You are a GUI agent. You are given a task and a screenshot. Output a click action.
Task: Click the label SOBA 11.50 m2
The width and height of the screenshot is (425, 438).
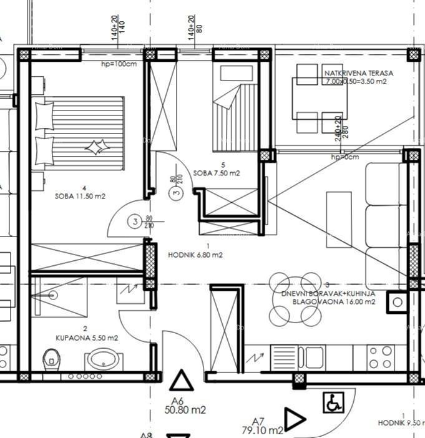[80, 196]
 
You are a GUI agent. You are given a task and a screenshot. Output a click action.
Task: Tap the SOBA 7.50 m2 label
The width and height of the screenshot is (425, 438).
[217, 173]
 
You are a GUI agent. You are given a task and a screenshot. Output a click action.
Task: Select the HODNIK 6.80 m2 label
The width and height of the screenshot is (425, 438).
[195, 255]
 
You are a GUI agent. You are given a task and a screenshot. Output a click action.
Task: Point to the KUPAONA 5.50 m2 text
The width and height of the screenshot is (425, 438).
[87, 338]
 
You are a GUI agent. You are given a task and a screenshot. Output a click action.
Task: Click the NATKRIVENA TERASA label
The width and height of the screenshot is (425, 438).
[359, 73]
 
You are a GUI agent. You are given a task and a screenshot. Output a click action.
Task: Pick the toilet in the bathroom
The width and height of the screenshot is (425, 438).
[51, 359]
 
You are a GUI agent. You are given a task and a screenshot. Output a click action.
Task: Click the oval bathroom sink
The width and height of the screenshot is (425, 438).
[100, 359]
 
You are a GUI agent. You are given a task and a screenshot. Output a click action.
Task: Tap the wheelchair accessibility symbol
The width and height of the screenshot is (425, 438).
[333, 402]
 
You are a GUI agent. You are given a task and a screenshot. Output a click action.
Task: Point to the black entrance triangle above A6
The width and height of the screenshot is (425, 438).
[182, 381]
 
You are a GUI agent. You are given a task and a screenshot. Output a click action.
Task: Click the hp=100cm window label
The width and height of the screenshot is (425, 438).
[119, 64]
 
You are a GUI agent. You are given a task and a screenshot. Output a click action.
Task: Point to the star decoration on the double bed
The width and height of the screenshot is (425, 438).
[95, 148]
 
